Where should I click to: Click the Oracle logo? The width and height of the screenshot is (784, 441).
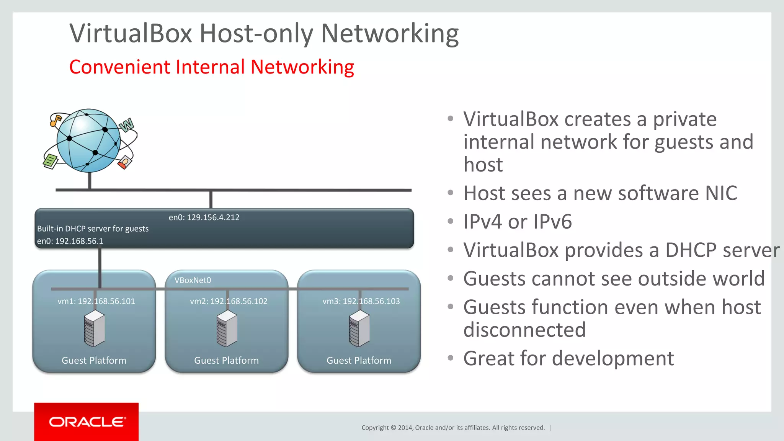(x=87, y=422)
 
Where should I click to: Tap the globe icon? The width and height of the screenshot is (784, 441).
(x=89, y=140)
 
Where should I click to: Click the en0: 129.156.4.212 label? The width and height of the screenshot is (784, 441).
(x=204, y=217)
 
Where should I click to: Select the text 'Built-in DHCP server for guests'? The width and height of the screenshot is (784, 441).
(x=93, y=229)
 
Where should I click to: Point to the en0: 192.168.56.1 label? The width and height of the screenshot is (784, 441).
(x=70, y=241)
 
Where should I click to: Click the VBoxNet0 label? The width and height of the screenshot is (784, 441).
(x=193, y=280)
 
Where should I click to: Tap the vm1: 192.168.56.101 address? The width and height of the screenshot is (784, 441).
(x=96, y=301)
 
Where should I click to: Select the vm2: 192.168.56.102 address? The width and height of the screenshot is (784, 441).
(x=229, y=301)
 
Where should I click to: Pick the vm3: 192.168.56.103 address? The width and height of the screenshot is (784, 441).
(x=361, y=301)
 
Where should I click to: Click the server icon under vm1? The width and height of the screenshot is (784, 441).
(x=94, y=328)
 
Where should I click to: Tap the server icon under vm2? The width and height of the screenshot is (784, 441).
(x=227, y=328)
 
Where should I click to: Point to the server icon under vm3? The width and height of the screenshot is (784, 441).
(x=359, y=328)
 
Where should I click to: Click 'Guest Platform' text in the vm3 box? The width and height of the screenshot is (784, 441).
(x=359, y=361)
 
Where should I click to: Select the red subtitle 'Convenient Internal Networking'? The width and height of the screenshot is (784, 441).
(x=211, y=67)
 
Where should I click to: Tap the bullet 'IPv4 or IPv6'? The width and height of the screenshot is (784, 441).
(x=517, y=222)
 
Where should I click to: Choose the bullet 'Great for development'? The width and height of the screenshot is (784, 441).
(x=568, y=358)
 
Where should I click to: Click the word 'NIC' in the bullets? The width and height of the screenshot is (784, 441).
(x=721, y=193)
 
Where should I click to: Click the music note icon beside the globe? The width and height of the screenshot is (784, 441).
(x=56, y=120)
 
